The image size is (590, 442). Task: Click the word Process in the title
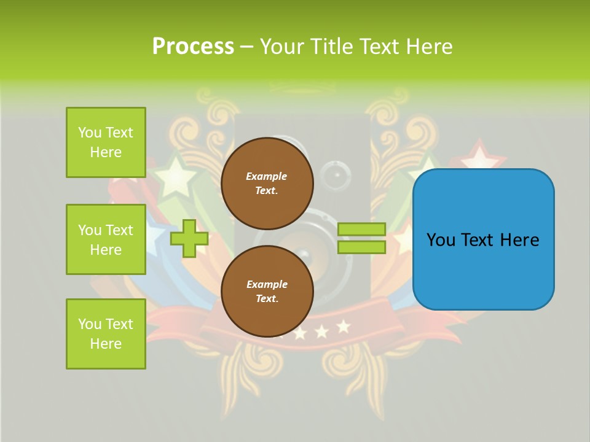[193, 47]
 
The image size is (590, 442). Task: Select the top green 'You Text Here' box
[106, 142]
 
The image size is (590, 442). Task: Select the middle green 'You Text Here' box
[106, 239]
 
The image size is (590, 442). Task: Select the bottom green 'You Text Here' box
[106, 334]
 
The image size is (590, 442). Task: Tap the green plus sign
[189, 238]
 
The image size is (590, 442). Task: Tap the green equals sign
[361, 238]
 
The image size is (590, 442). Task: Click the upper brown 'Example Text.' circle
[267, 184]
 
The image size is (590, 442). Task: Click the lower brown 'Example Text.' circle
[267, 292]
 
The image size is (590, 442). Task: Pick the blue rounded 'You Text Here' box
[483, 239]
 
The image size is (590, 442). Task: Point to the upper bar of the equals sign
[361, 230]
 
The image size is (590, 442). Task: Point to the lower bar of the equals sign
[361, 247]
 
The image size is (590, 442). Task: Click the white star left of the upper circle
[175, 175]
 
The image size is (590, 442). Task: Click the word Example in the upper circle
[266, 176]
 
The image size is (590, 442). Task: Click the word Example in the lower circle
[267, 284]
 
